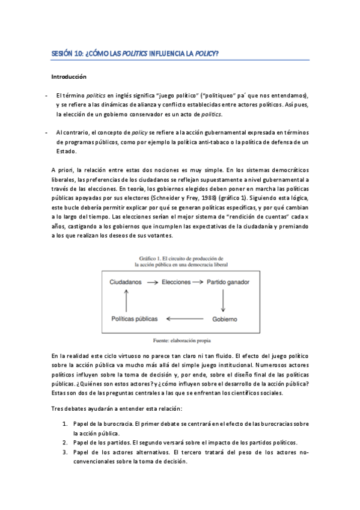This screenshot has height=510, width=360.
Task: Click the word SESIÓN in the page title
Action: [x=63, y=54]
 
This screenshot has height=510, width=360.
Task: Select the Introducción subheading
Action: [x=69, y=77]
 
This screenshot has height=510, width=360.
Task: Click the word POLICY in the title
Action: [x=204, y=54]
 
